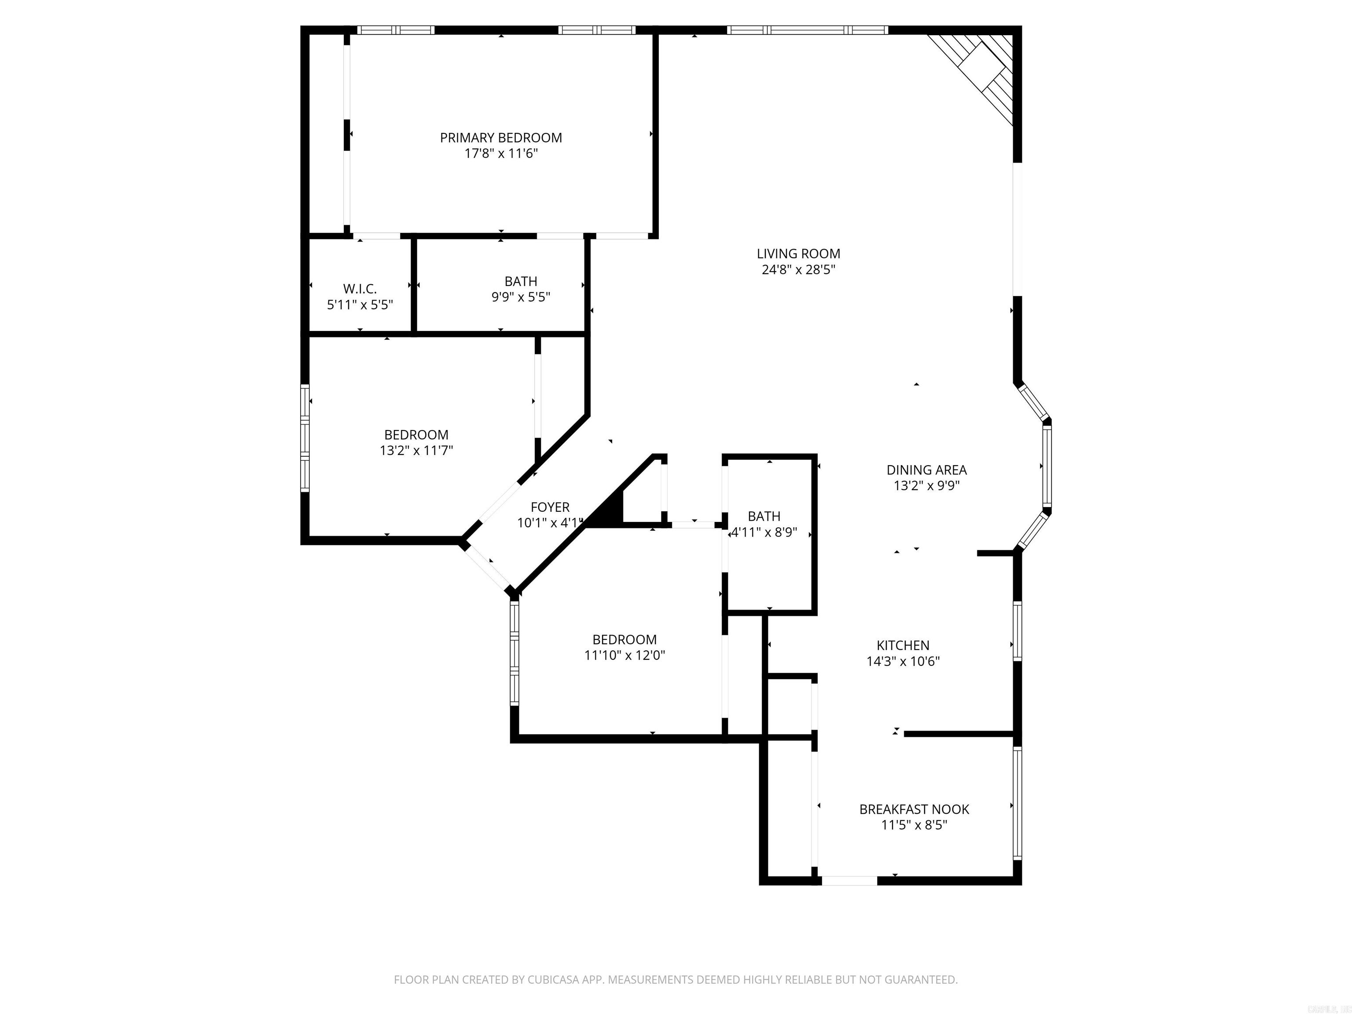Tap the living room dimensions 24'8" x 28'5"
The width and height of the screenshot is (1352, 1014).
point(798,269)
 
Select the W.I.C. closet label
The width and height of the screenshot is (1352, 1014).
point(360,289)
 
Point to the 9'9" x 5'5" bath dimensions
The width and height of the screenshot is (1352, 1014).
point(521,297)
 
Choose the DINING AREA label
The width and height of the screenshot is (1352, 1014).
point(926,470)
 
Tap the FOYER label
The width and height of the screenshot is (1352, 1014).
point(550,507)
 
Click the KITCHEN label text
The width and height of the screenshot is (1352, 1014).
point(903,645)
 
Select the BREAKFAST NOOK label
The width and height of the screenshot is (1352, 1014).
point(914,808)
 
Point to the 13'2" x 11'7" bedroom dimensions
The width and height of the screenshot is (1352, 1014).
point(416,451)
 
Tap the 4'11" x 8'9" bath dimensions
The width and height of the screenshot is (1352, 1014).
point(764,532)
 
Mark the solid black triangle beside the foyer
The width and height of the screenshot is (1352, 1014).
point(609,511)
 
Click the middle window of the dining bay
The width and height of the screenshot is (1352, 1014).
point(1047,466)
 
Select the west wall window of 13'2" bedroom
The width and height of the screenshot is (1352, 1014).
point(305,437)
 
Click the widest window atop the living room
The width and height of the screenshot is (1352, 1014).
point(808,29)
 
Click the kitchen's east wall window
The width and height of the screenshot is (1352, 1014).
point(1017,631)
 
